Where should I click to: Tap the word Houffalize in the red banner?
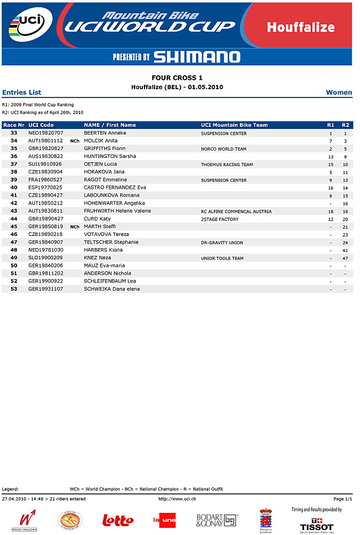tap(300, 27)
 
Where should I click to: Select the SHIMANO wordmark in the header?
tap(197, 56)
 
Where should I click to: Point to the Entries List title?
tap(22, 92)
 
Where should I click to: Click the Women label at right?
tap(339, 92)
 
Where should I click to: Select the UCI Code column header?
tap(41, 125)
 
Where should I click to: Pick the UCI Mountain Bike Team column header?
tap(234, 125)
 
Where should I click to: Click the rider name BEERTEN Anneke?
tap(105, 133)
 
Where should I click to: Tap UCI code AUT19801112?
tap(45, 141)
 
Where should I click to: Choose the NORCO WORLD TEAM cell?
tap(224, 149)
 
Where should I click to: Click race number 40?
tap(14, 188)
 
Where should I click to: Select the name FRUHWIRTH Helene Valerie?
tap(117, 211)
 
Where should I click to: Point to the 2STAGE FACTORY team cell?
tap(220, 219)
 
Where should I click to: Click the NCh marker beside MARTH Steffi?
tap(75, 227)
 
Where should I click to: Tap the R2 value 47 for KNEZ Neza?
tap(345, 258)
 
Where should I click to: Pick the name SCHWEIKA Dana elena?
tap(112, 289)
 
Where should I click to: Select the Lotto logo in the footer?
tap(118, 520)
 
